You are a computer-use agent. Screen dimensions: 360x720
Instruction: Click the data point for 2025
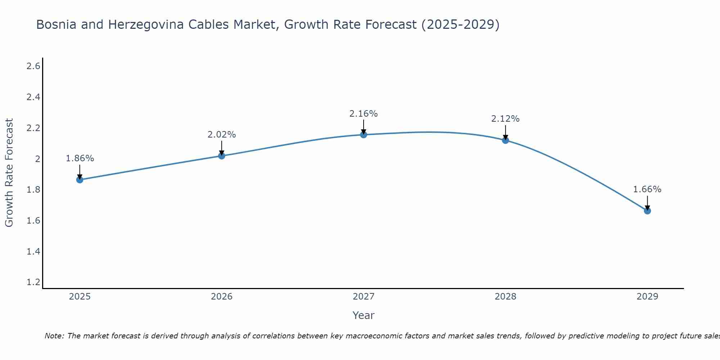pos(80,180)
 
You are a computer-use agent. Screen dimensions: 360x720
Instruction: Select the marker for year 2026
pos(222,156)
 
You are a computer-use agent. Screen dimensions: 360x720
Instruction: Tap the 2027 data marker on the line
pos(364,135)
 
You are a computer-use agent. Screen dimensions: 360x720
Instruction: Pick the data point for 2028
pos(505,140)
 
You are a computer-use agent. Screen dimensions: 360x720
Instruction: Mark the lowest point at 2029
pos(647,211)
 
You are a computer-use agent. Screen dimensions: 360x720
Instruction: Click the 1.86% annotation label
pos(80,158)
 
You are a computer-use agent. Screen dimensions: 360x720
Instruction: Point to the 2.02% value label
pos(222,135)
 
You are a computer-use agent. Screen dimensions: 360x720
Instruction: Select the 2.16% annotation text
pos(364,114)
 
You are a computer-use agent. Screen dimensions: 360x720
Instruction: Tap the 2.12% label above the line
pos(505,119)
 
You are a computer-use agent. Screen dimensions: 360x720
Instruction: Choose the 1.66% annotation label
pos(647,189)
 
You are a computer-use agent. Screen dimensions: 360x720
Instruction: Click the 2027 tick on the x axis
pos(364,297)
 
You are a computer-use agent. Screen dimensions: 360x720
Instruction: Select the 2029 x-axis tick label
pos(647,297)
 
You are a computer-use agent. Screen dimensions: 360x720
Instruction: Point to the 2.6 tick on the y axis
pos(33,66)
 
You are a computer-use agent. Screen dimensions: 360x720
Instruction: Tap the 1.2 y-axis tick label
pos(33,282)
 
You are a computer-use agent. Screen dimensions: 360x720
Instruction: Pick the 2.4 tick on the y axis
pos(33,97)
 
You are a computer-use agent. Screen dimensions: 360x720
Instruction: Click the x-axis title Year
pos(364,315)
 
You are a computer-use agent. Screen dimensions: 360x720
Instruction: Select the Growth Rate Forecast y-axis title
pos(9,173)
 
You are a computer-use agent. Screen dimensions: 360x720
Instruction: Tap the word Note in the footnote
pos(54,336)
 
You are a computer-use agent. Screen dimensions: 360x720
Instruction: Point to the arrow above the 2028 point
pos(505,132)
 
